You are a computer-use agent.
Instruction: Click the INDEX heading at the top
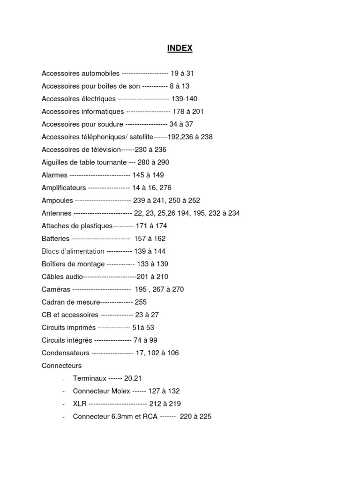point(180,48)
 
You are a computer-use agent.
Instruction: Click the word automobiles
point(101,74)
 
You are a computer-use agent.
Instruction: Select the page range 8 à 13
point(180,86)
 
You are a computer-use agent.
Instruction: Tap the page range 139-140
point(185,99)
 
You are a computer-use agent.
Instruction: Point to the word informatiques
point(104,112)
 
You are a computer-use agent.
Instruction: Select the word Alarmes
point(54,175)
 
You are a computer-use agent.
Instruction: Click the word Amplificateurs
point(64,187)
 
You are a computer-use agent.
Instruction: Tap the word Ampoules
point(57,200)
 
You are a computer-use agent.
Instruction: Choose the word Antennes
point(56,213)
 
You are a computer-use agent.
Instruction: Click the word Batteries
point(55,239)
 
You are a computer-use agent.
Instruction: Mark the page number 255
point(141,302)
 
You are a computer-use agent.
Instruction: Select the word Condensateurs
point(65,352)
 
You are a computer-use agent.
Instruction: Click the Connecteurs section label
point(61,365)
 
